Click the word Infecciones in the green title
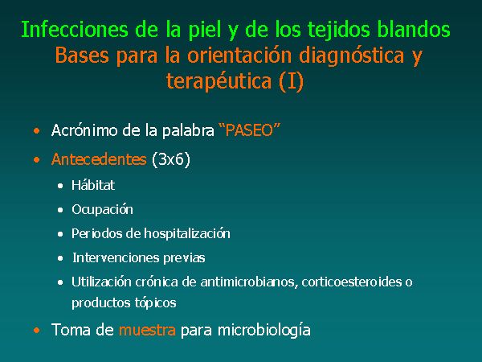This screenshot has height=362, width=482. pyautogui.click(x=75, y=30)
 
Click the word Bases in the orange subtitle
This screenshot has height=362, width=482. pyautogui.click(x=82, y=56)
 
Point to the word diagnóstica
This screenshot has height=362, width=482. pyautogui.click(x=351, y=56)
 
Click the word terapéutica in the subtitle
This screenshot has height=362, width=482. pyautogui.click(x=219, y=81)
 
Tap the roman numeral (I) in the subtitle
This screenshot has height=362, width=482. pyautogui.click(x=291, y=81)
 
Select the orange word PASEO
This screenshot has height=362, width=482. pyautogui.click(x=249, y=130)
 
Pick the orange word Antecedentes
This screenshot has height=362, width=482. pyautogui.click(x=99, y=159)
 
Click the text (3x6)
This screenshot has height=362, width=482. pyautogui.click(x=171, y=159)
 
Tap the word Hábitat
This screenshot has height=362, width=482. pyautogui.click(x=93, y=185)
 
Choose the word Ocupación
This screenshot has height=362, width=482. pyautogui.click(x=102, y=210)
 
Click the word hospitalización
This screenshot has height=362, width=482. pyautogui.click(x=187, y=233)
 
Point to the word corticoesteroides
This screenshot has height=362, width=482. pyautogui.click(x=352, y=282)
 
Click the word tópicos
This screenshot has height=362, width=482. pyautogui.click(x=155, y=303)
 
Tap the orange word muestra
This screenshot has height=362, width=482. pyautogui.click(x=147, y=331)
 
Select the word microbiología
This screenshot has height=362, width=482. pyautogui.click(x=264, y=331)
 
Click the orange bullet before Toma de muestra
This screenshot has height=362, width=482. pyautogui.click(x=37, y=331)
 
